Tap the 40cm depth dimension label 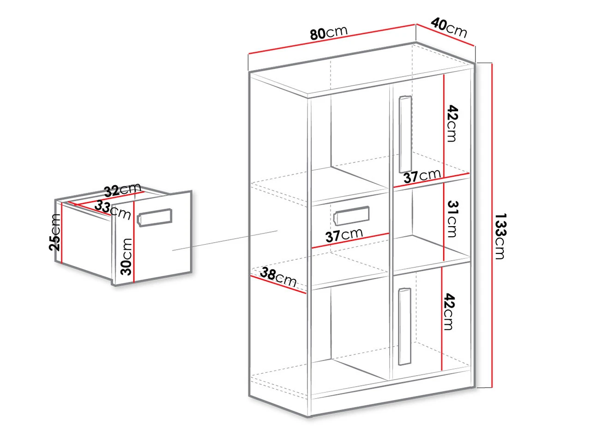coord(449,27)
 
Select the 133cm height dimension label coord(500,236)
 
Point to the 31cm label coord(452,219)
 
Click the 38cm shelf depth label coord(278,277)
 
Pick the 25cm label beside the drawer coord(55,233)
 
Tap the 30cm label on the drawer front coord(126,257)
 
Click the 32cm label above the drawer coord(123,190)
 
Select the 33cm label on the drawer coord(113,210)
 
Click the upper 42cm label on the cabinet coord(452,124)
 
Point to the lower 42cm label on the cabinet coord(449,312)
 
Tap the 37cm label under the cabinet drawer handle coord(344,235)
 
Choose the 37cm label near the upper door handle coord(422,176)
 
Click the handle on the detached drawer coord(155,217)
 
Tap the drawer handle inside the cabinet coord(351,215)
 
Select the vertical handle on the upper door coord(405,134)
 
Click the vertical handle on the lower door coord(404,327)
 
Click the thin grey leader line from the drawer coord(225,240)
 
